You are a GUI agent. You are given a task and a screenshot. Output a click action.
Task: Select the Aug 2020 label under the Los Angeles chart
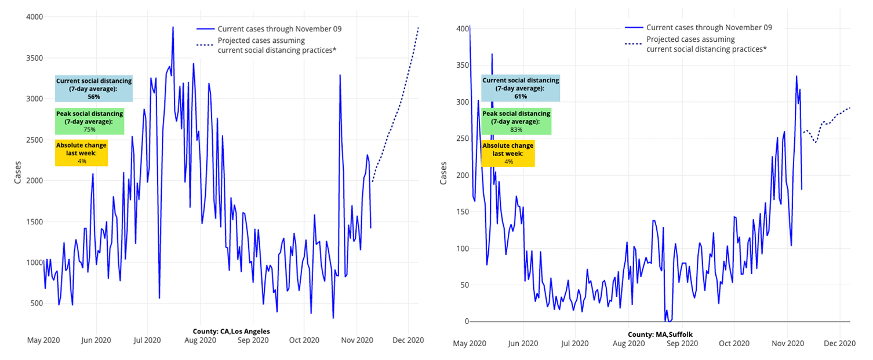point(200,340)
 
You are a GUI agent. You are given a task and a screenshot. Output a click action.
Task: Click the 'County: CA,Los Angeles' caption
point(231,331)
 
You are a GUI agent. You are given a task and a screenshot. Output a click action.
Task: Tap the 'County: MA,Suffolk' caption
point(660,334)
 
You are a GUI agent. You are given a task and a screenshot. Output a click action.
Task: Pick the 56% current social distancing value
point(94,97)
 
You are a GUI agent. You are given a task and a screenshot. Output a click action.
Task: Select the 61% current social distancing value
point(520,96)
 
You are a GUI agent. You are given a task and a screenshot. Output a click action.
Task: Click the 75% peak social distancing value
point(89,129)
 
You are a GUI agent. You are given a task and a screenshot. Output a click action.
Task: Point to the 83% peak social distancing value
point(516,129)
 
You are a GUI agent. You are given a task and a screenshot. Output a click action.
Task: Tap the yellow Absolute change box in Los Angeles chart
point(81,153)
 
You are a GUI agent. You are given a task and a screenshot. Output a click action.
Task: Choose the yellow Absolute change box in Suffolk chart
point(508,153)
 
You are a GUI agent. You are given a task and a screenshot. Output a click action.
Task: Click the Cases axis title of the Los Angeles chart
point(17,172)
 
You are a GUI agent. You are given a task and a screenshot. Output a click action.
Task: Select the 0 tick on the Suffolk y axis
point(462,321)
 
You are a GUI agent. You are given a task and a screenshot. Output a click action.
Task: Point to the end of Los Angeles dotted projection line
point(418,27)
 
